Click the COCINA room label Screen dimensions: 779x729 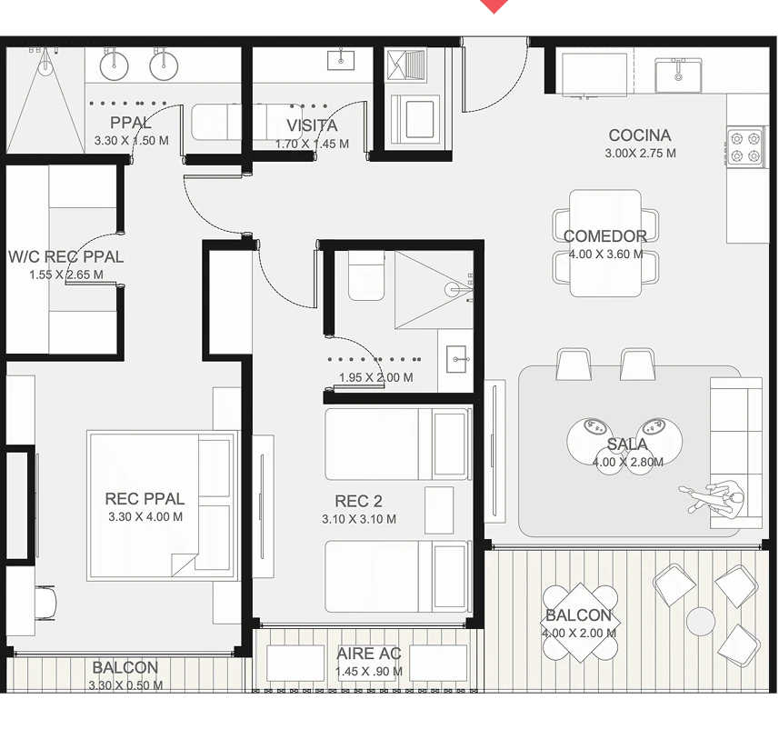[x=639, y=135]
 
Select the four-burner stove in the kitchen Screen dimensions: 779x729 [x=745, y=146]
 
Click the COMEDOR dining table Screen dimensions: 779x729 [x=605, y=243]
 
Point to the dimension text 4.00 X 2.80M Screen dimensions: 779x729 [x=627, y=462]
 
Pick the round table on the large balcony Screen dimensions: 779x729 [x=701, y=621]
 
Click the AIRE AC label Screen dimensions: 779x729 [x=369, y=654]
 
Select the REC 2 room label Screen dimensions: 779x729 [x=358, y=501]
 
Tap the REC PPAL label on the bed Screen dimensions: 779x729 [x=145, y=498]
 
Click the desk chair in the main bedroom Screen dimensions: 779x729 [x=45, y=603]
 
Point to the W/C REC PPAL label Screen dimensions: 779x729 [x=66, y=257]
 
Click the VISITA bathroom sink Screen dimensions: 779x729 [x=340, y=61]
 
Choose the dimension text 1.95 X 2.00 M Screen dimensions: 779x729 [x=376, y=377]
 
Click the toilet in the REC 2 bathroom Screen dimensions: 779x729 [x=366, y=275]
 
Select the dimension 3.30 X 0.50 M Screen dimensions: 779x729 [x=125, y=685]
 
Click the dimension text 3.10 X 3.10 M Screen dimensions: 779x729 [x=359, y=519]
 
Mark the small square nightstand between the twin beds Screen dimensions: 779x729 [x=439, y=510]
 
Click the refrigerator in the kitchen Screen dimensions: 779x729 [x=594, y=74]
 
